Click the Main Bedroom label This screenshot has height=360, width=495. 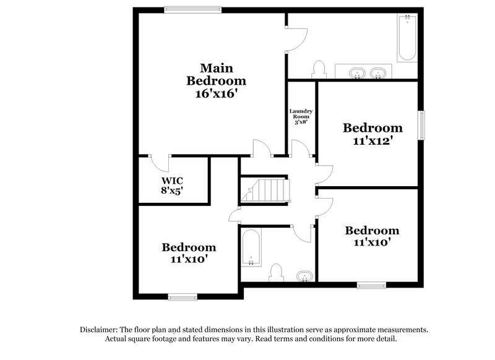click(x=216, y=74)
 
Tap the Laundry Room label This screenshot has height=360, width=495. click(x=301, y=114)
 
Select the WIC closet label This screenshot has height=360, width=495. click(x=173, y=181)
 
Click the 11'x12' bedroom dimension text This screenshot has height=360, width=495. click(x=372, y=141)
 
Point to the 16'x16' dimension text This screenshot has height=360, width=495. click(x=216, y=94)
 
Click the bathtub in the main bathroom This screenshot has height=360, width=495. click(x=407, y=38)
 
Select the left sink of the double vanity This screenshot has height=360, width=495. click(x=357, y=74)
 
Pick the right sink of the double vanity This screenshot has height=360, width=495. click(x=378, y=74)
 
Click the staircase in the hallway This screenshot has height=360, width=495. click(x=265, y=189)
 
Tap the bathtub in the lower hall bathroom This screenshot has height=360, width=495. click(x=251, y=248)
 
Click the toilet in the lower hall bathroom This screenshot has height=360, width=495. click(x=277, y=272)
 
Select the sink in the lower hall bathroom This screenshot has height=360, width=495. click(x=304, y=275)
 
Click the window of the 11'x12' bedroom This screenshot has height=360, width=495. click(x=422, y=125)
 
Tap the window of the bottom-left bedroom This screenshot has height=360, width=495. click(x=183, y=297)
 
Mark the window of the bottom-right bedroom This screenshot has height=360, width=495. click(x=371, y=285)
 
